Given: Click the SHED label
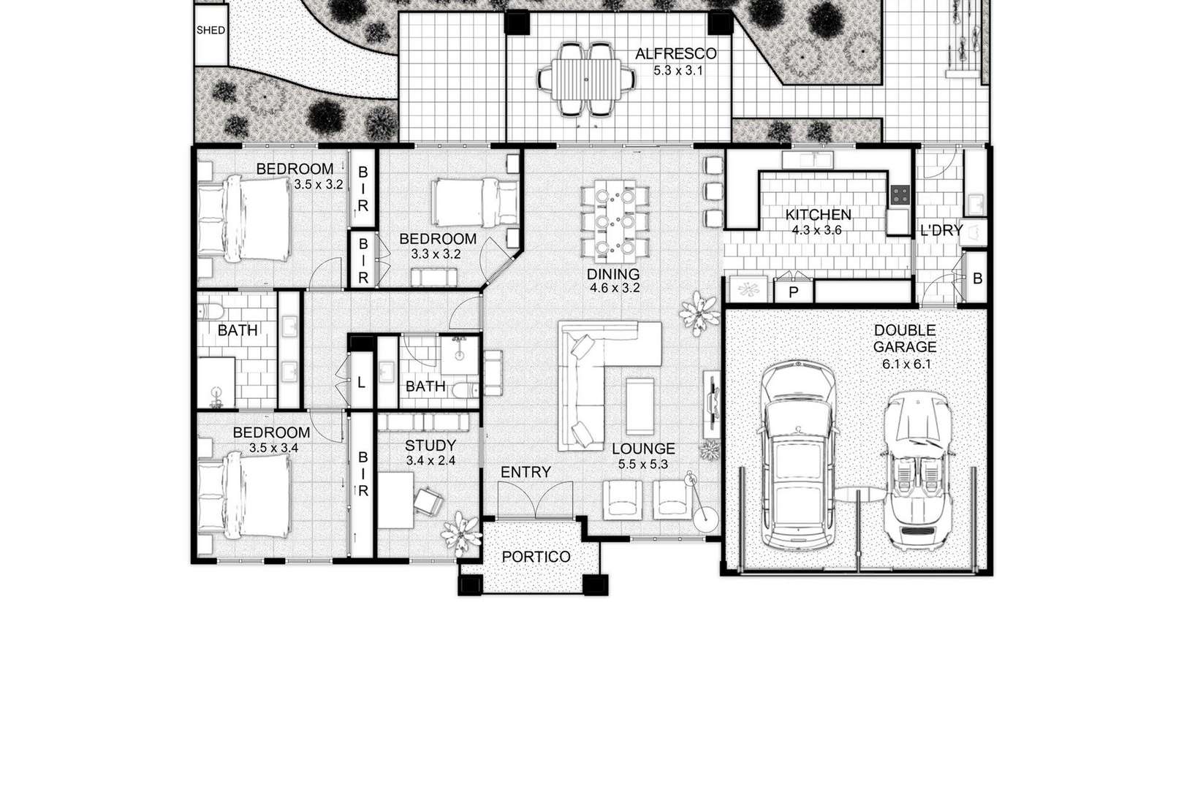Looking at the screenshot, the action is coord(211,30).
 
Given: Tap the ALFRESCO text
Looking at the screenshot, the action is coord(675,54).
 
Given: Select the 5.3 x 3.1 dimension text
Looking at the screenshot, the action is coord(678,70).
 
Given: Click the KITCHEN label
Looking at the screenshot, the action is coord(819,215).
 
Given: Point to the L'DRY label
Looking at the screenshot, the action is coord(941,230).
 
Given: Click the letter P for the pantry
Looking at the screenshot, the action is coord(793,292).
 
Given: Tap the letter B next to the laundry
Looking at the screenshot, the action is coord(977,278).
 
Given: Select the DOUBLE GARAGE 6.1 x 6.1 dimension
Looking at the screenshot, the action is coord(906,364).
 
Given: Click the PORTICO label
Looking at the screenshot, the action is coord(536,557).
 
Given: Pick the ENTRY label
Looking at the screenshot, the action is coord(525,472).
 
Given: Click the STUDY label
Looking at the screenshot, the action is coord(430,445).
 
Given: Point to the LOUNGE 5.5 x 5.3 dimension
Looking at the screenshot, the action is coord(643,465).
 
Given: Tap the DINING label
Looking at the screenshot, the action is coord(613,274).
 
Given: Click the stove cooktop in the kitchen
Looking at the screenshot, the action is coord(900,194).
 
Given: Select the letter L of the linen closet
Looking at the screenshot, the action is coord(362,383).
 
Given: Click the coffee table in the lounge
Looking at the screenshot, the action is coord(640,406).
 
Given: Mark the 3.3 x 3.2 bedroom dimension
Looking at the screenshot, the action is coord(436,254).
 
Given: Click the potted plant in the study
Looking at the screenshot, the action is coord(461,533).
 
